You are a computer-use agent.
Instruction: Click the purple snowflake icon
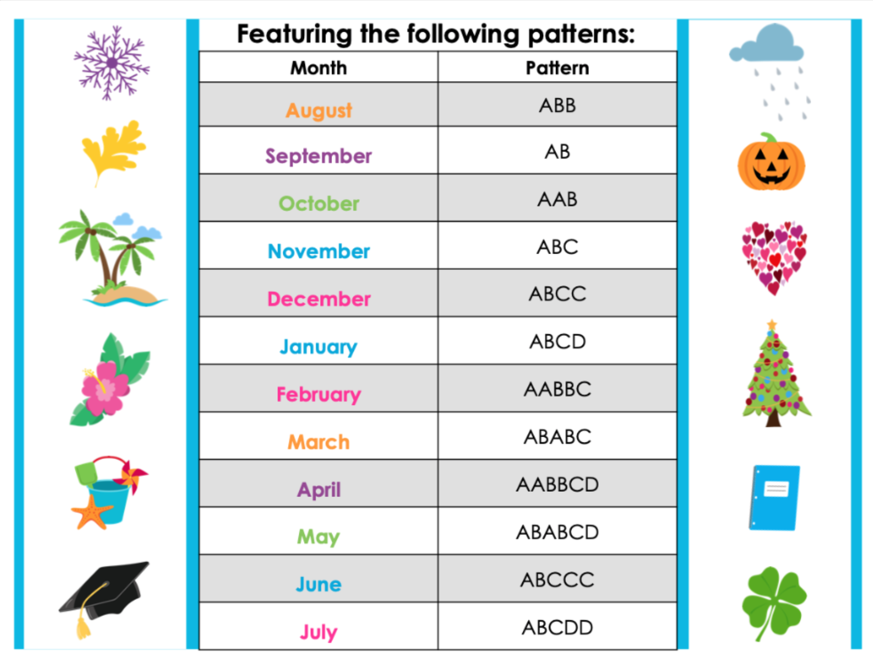pos(112,63)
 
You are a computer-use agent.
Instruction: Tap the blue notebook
pos(775,497)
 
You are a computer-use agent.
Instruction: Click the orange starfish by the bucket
pos(91,512)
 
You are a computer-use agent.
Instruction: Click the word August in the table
pos(319,110)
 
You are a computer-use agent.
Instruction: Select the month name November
pos(319,252)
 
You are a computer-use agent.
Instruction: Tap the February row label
pos(319,395)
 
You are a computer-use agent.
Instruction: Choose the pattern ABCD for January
pos(558,342)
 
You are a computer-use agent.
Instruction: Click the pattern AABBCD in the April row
pos(558,484)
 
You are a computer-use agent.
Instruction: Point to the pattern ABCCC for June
pos(558,580)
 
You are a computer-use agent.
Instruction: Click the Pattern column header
pos(558,68)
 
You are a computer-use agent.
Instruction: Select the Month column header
pos(319,68)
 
